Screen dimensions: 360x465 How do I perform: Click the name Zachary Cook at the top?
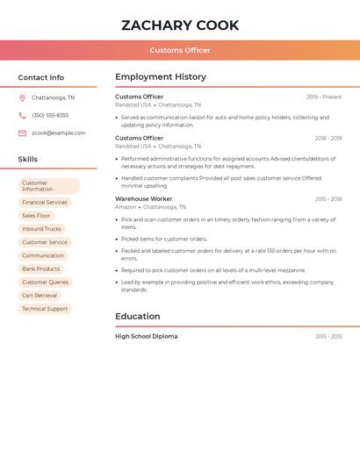click(180, 25)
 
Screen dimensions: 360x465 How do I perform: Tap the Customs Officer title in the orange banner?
click(180, 50)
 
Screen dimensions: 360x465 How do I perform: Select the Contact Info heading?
click(40, 77)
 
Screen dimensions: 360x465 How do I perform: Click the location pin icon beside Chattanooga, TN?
click(22, 98)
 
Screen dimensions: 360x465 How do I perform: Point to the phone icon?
click(22, 116)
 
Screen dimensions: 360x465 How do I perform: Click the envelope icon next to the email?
click(22, 133)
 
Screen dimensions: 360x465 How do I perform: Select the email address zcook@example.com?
click(58, 133)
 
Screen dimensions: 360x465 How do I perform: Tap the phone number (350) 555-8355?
click(50, 116)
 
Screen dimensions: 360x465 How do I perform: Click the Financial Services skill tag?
click(45, 203)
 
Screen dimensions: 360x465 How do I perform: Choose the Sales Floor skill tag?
click(36, 216)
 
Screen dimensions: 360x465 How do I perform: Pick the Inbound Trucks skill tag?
click(41, 229)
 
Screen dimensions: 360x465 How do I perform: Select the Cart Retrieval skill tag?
click(40, 296)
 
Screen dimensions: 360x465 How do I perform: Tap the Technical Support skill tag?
click(45, 309)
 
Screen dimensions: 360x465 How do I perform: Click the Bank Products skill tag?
click(41, 269)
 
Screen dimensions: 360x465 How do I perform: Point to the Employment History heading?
click(161, 77)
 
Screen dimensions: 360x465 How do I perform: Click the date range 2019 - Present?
click(324, 97)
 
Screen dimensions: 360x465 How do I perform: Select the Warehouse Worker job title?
click(144, 199)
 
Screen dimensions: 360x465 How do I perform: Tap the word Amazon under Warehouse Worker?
click(126, 207)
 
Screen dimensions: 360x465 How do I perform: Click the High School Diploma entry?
click(146, 336)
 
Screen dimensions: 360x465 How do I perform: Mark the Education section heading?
click(138, 316)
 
